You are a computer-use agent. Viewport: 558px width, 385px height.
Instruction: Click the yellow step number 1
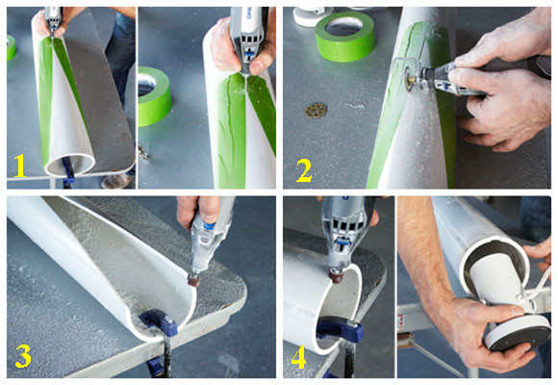click(20, 166)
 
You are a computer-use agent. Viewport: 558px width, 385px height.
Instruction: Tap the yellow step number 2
click(304, 170)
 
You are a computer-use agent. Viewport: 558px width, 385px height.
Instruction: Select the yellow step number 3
click(23, 355)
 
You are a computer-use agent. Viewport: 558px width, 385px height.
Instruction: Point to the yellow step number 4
click(298, 357)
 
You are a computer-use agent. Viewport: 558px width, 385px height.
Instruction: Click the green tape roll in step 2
click(344, 36)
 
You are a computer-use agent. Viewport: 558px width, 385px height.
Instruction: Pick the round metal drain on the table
click(316, 110)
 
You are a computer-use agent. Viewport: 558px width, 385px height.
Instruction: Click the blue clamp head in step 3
click(159, 321)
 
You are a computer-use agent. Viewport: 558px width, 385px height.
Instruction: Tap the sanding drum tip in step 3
click(194, 280)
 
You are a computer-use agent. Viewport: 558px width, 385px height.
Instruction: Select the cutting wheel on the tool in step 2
click(408, 77)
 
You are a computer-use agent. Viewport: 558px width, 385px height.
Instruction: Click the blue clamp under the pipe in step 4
click(341, 329)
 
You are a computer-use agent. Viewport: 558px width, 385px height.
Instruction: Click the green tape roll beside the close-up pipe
click(154, 96)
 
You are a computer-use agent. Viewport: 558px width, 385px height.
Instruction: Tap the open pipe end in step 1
click(69, 166)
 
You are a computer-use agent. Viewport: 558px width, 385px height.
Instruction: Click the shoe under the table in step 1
click(115, 181)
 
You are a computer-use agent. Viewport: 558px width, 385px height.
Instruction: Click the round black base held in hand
click(518, 331)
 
